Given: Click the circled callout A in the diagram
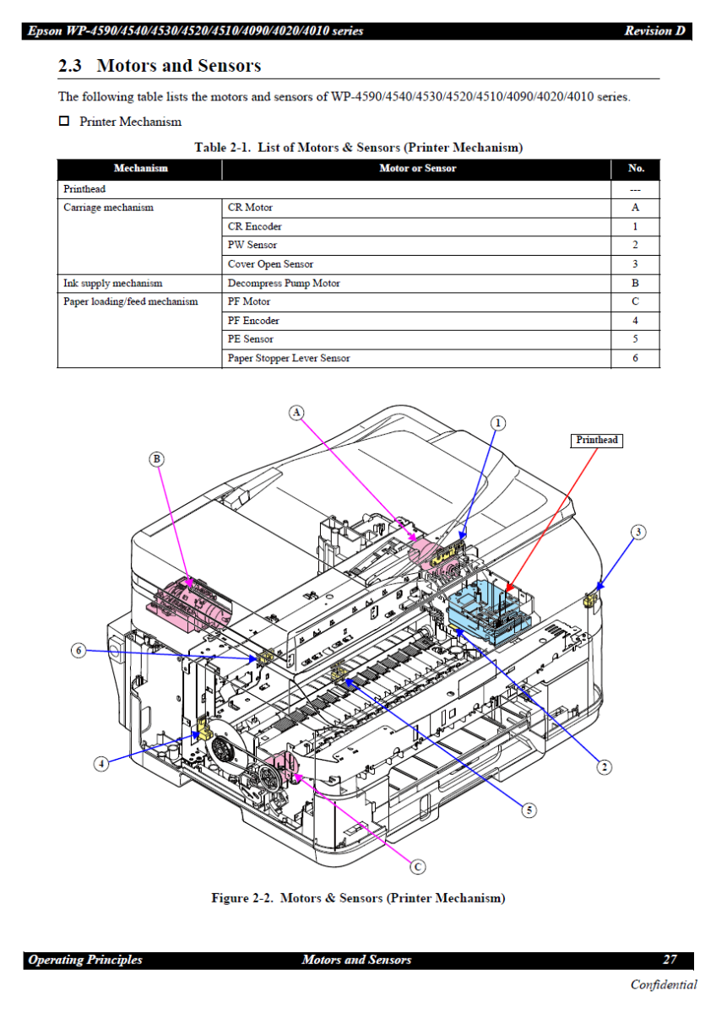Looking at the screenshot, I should (x=296, y=411).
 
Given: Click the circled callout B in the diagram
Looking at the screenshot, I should (x=156, y=459).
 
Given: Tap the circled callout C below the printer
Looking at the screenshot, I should (x=417, y=866).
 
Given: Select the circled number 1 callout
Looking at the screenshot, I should (x=499, y=422).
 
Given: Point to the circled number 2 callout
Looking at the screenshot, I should (x=605, y=767).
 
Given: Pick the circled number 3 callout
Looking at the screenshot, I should (x=639, y=532).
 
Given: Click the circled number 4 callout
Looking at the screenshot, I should (x=100, y=764).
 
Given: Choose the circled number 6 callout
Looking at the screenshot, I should (x=78, y=650).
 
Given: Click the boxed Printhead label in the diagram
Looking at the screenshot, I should (x=597, y=440).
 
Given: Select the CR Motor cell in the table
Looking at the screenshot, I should (x=250, y=208).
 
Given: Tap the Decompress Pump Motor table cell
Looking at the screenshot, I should (x=284, y=284).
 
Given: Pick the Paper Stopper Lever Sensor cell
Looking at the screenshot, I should (x=289, y=358).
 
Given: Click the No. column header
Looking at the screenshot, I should (x=636, y=169).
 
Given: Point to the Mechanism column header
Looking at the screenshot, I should (x=140, y=169).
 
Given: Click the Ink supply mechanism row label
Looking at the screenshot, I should (x=113, y=284).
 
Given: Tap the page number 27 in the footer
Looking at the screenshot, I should (x=670, y=960).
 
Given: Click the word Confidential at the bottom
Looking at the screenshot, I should (x=664, y=984).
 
